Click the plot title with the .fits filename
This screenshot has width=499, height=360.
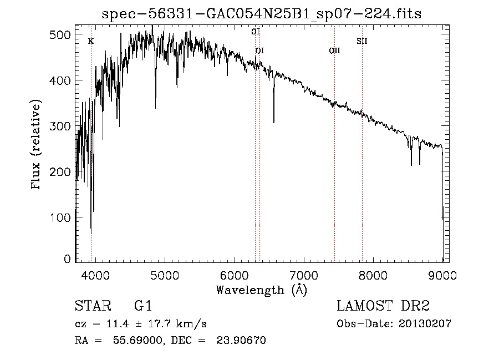262,14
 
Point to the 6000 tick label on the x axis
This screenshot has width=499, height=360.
234,275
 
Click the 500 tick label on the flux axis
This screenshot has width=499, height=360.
60,35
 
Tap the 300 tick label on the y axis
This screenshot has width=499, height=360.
60,126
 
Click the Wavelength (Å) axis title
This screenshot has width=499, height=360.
261,290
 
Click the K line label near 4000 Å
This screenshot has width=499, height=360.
91,42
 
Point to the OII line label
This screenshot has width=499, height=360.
334,50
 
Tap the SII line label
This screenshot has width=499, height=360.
362,41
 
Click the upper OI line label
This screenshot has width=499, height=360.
256,32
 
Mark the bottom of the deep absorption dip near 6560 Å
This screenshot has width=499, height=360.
273,121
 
